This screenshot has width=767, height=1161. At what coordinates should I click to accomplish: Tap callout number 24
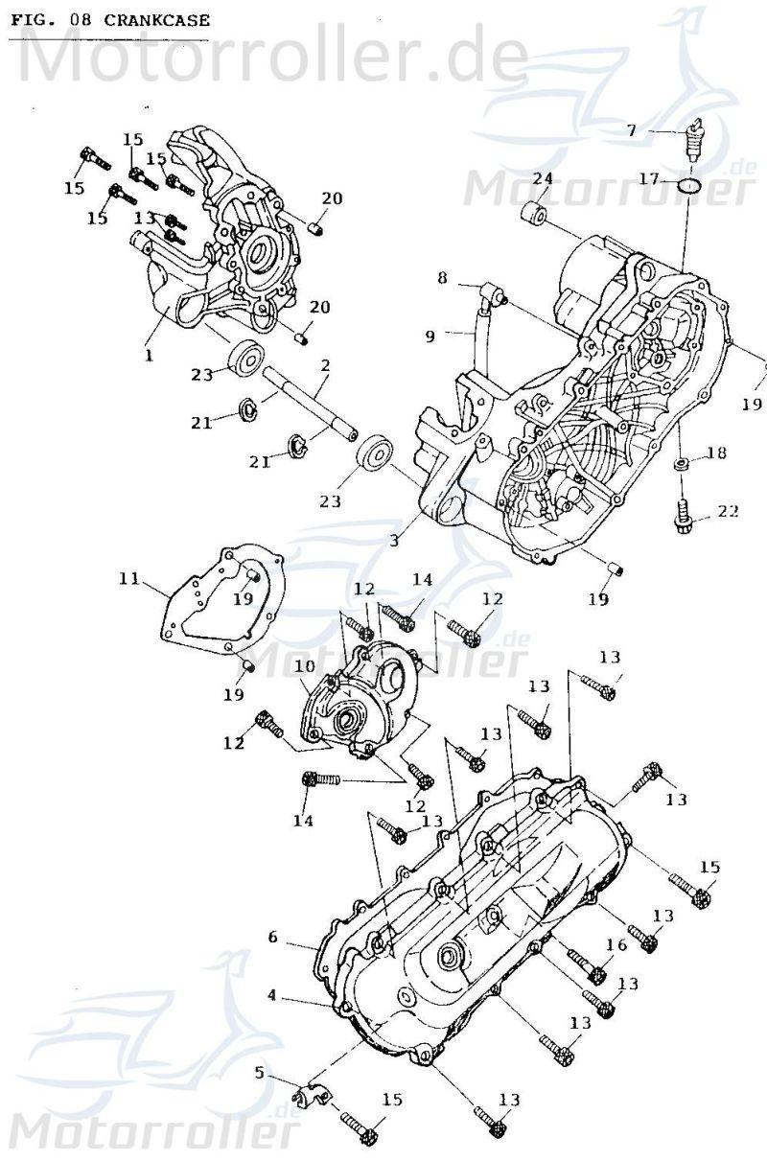[x=543, y=179]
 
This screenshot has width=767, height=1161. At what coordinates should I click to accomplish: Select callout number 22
[x=728, y=511]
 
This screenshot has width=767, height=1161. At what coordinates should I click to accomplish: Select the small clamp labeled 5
[x=311, y=1095]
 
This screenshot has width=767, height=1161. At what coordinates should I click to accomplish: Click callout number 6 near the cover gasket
[x=272, y=937]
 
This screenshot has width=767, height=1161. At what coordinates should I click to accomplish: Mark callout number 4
[x=272, y=995]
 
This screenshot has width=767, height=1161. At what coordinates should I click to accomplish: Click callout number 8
[x=442, y=278]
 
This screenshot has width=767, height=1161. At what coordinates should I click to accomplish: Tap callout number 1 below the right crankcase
[x=149, y=355]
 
